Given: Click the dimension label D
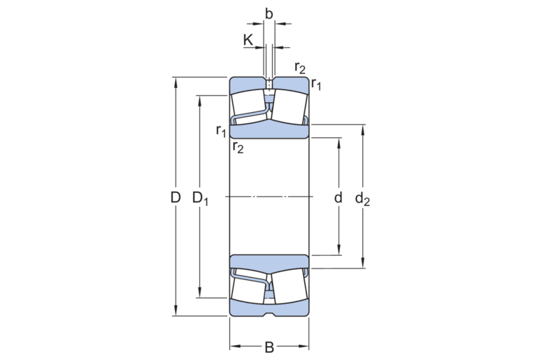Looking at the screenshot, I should pos(175,197).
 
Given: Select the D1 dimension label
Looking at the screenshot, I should pos(201,198).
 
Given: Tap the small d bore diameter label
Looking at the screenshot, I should pos(338,197).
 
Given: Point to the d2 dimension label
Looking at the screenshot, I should pos(363,199).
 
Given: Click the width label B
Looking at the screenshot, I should pos(269,348).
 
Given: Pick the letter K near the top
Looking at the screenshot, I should pos(248,39).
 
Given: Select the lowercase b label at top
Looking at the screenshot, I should pos(269,12).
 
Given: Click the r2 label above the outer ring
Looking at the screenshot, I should pos(300,68).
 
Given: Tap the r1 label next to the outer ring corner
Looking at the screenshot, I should pos(316,84).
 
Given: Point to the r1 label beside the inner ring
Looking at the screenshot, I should pos(221,131).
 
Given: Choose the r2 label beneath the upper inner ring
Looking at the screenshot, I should pos(238,147).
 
